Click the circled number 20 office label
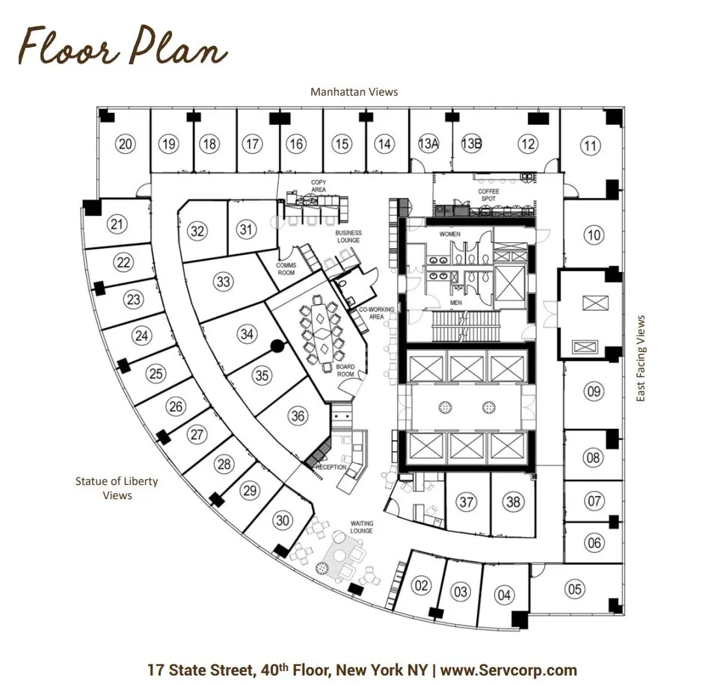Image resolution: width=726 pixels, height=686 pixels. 125,144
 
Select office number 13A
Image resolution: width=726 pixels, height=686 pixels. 428,143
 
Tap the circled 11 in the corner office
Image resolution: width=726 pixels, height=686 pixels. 591,146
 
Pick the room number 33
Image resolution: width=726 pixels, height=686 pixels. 223,282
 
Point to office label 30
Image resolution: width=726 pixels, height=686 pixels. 283,520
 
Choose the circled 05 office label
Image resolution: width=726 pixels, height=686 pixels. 575,589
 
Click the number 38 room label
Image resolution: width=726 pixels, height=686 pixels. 513,501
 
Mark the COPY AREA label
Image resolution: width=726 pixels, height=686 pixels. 319,186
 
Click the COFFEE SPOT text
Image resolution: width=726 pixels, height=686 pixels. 488,195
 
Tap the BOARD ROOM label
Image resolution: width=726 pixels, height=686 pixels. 345,371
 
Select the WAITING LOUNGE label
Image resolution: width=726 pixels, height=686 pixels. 362,527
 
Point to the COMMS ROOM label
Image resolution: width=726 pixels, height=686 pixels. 286,269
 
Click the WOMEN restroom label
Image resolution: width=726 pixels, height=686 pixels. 449,234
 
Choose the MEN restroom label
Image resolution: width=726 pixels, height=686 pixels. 456,303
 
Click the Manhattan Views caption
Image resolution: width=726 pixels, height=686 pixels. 354,92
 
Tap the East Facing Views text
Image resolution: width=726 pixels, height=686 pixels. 641,358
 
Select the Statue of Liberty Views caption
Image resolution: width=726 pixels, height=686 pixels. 117,488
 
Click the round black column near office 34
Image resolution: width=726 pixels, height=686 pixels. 277,346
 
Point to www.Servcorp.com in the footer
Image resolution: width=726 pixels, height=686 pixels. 508,670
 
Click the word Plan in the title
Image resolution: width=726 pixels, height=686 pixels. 179,46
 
